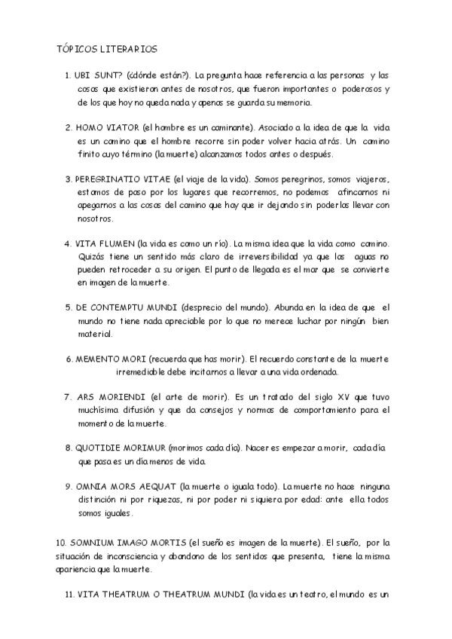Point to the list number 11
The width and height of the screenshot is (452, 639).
click(x=69, y=595)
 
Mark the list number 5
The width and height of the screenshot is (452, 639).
click(x=69, y=308)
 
